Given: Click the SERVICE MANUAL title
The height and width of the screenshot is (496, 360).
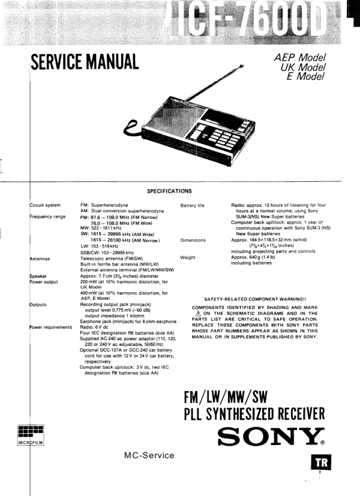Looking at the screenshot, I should coord(85,60).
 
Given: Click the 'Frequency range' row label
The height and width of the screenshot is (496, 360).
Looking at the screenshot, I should coord(48,217).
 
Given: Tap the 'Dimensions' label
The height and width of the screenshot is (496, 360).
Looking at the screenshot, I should coord(193,241).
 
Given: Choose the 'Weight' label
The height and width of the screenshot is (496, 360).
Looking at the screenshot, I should coord(189,258).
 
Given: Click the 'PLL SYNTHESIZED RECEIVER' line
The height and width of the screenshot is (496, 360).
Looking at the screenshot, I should coord(254,413).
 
